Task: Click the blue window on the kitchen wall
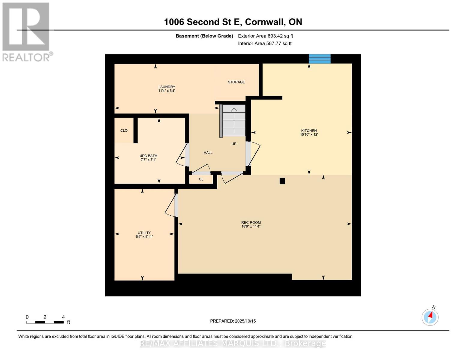point(320,59)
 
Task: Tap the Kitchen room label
point(309,130)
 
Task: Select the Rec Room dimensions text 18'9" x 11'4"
point(251,226)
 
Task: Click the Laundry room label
point(167,87)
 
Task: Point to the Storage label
point(236,82)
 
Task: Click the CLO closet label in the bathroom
point(124,130)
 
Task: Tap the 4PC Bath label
point(149,156)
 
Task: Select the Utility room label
point(144,232)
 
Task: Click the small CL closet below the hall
point(201,179)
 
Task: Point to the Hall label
point(208,152)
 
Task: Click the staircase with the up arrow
point(234,120)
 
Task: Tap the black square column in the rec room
point(282,181)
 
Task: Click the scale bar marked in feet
point(45,322)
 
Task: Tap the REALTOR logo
point(26,31)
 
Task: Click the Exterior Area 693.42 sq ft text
point(265,36)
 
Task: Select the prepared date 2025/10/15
point(233,321)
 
